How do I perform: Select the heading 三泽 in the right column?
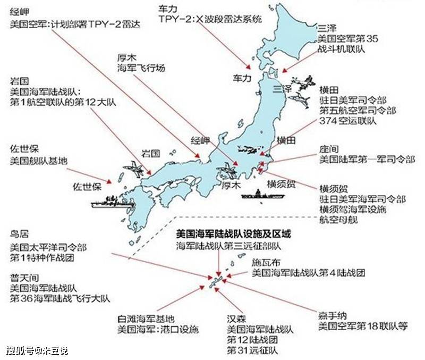pos(325,28)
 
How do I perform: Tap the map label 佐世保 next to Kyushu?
pos(87,187)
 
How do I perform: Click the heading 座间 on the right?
pos(328,149)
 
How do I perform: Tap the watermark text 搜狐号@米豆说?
pos(37,351)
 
